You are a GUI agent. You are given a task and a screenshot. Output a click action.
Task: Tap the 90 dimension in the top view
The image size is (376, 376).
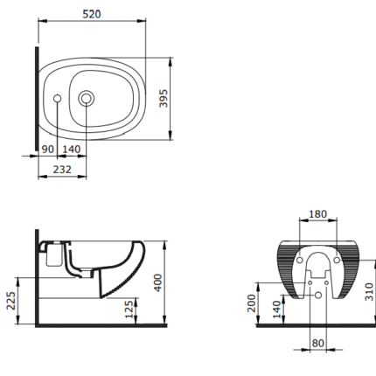[x=48, y=150]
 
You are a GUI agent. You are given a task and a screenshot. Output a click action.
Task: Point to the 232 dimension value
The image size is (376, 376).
[x=62, y=169]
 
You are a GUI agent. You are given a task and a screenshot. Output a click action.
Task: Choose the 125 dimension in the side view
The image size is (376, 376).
[x=130, y=309]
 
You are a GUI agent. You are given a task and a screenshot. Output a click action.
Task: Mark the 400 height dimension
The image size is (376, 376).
[x=159, y=282]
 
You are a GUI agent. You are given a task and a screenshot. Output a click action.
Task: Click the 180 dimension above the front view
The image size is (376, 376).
[x=318, y=214]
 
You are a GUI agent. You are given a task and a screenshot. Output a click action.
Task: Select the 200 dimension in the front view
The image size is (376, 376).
[x=253, y=303]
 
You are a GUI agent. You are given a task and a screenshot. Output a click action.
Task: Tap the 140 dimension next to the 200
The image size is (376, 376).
[x=277, y=308]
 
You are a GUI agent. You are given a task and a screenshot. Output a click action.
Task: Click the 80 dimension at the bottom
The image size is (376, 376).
[x=318, y=344]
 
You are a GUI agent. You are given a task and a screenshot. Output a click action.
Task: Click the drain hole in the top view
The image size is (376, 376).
[x=87, y=99]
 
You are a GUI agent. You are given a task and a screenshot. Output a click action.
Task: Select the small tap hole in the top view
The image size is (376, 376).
[x=57, y=99]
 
